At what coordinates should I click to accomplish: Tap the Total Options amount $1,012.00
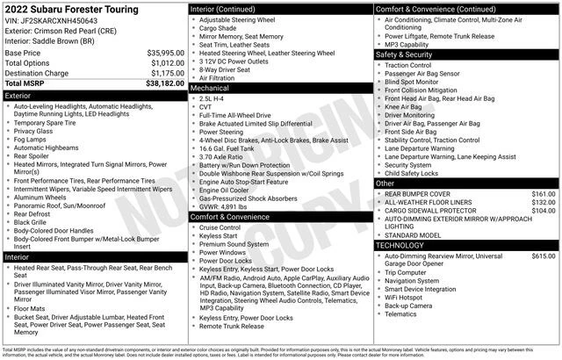point(167,63)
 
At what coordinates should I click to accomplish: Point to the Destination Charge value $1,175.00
point(167,73)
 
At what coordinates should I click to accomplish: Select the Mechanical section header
point(210,88)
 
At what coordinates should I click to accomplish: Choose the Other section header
point(385,183)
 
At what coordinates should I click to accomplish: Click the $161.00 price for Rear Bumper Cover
point(544,193)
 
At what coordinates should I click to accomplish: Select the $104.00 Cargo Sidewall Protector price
point(544,211)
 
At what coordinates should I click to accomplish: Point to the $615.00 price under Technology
point(544,256)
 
